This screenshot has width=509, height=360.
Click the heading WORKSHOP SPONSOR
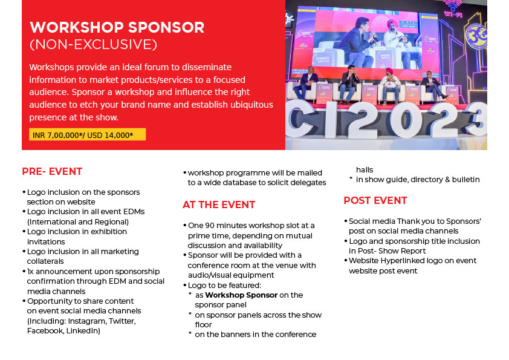(x=117, y=27)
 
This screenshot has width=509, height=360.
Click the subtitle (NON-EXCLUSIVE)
(x=93, y=45)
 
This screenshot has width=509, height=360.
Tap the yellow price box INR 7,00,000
(x=87, y=134)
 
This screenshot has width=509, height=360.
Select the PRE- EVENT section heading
(x=52, y=171)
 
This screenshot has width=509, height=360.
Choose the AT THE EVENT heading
(x=219, y=205)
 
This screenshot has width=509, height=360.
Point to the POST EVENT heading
(x=375, y=200)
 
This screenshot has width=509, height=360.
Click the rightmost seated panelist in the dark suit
(x=431, y=83)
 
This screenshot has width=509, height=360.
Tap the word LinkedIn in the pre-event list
(x=84, y=331)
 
